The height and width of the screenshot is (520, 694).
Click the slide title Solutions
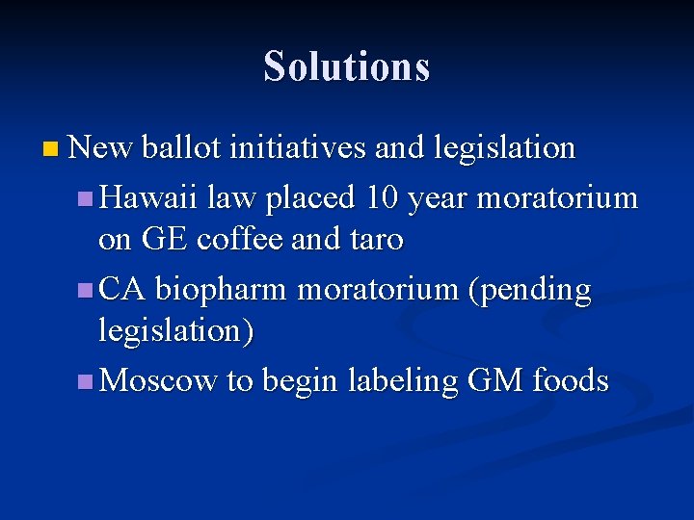coord(347,66)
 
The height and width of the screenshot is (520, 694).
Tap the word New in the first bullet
coord(101,148)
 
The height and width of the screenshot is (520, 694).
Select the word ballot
coord(179,148)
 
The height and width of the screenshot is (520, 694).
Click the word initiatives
coord(294,148)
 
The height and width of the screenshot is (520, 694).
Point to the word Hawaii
coord(147,198)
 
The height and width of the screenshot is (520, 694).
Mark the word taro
coord(373,239)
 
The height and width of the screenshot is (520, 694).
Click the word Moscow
coord(159,381)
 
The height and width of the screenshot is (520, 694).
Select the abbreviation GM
coord(491,381)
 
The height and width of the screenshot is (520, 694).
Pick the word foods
coord(568,381)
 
